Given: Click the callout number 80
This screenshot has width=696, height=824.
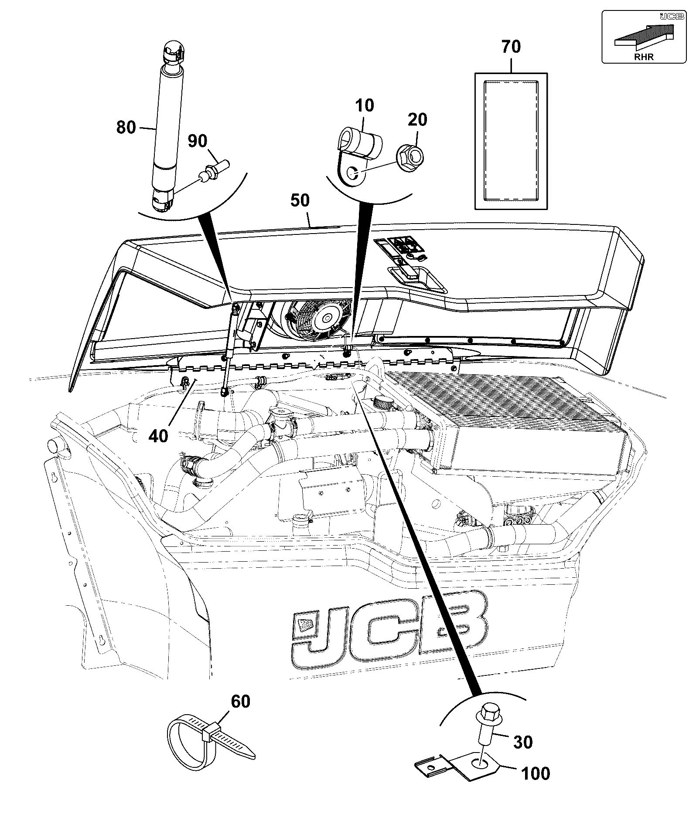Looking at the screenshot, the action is pos(126,128).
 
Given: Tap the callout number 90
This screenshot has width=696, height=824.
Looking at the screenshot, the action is pos(198,141).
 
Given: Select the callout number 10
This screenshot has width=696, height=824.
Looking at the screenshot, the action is pos(365,105).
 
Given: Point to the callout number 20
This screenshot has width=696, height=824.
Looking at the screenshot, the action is pos(417,119).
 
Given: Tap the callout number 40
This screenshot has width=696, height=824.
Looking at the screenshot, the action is pos(158,435).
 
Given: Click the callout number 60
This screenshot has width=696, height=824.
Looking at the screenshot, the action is pos(240,702).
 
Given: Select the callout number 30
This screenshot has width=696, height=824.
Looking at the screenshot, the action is pos(523,742).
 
